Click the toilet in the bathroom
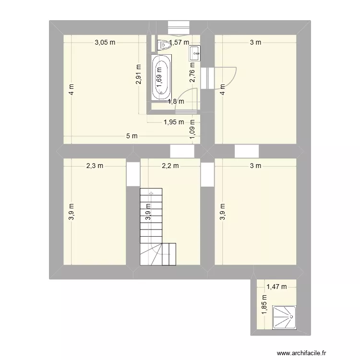pos(164,45)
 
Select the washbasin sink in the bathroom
pos(195,53)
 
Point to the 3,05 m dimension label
pos(105,42)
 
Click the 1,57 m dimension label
pos(178,43)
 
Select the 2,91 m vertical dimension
pos(139,74)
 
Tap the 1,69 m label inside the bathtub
pos(159,74)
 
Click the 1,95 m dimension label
pos(174,122)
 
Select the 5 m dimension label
pos(132,136)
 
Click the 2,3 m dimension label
pos(95,166)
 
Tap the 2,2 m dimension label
pos(170,166)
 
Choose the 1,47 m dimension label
pos(276,287)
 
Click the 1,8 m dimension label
pos(176,101)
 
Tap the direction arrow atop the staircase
pos(151,193)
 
